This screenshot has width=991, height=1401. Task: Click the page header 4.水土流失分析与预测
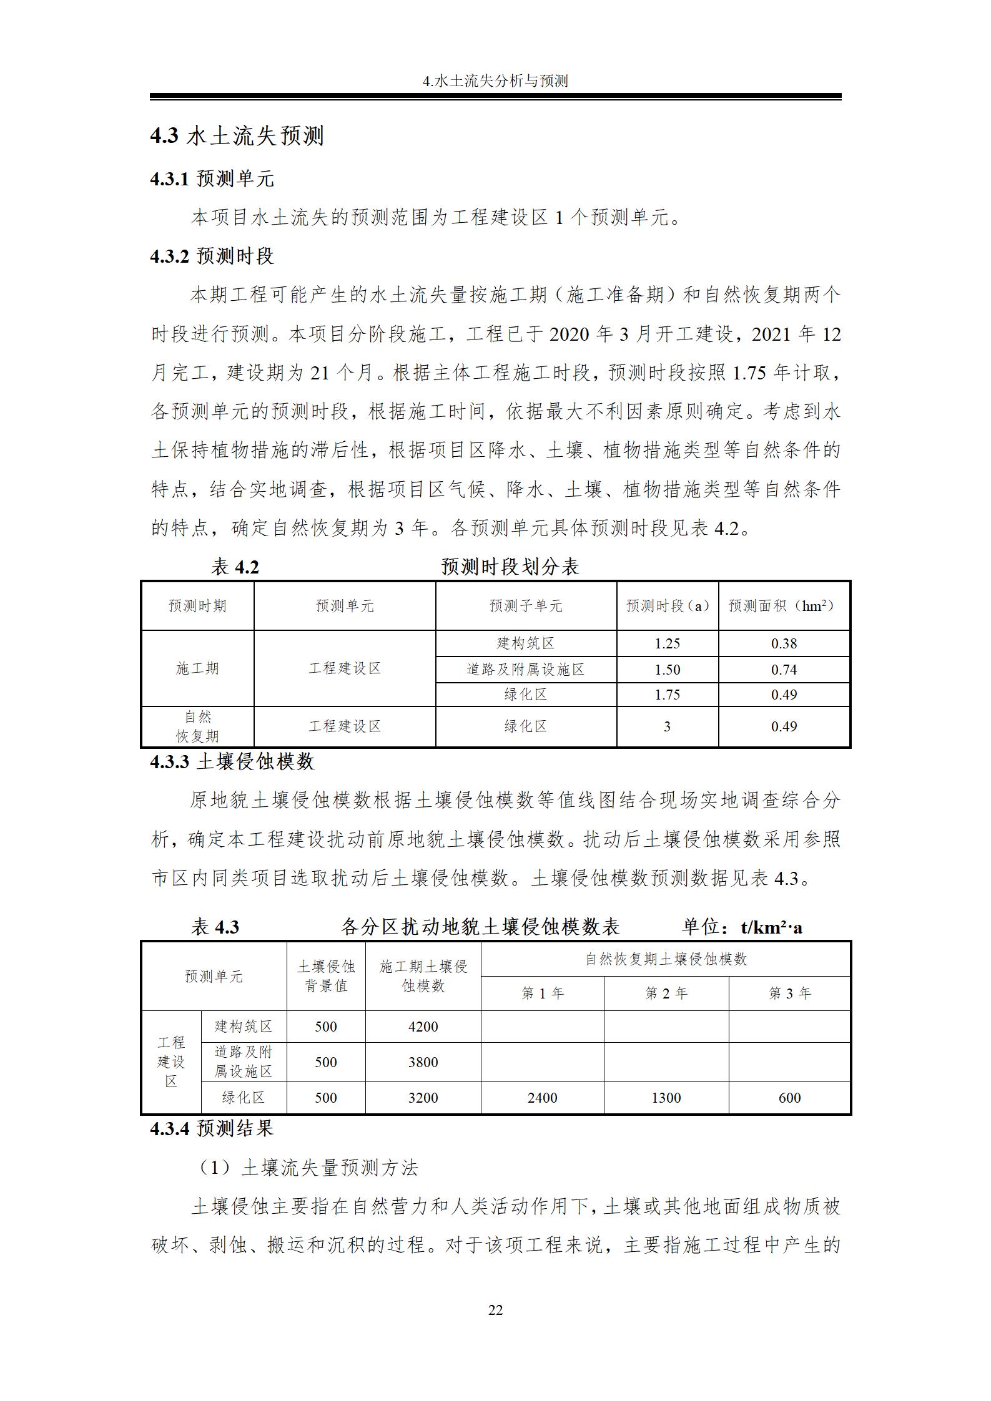495,81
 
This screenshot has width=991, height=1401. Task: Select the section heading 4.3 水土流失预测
237,135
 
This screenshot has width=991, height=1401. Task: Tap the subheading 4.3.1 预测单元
212,179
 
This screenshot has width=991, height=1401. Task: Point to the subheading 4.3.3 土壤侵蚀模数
232,762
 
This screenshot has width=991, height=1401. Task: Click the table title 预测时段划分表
510,567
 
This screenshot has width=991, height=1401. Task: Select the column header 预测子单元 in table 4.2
526,606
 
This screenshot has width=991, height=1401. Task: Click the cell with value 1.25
667,643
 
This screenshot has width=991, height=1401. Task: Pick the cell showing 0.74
784,670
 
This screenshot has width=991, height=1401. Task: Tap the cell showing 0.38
784,643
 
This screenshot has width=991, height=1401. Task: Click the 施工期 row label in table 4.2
197,668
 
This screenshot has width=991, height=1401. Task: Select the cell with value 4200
423,1027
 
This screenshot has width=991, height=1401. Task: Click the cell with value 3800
423,1062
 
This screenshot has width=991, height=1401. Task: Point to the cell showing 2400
542,1098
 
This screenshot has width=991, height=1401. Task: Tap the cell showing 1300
666,1098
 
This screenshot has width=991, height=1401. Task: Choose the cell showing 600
789,1098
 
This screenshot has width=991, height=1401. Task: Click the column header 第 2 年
666,993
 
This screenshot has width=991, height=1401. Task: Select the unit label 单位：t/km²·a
742,927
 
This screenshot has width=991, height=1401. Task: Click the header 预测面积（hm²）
783,606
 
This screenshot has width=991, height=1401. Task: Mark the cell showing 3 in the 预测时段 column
667,726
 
